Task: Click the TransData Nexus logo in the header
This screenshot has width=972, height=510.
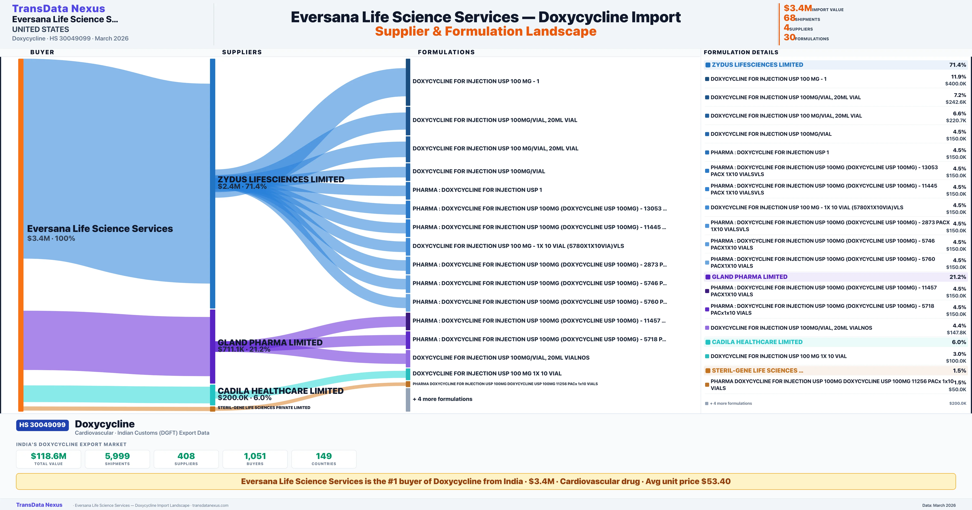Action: tap(59, 8)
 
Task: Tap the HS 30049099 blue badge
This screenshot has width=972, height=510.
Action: tap(42, 425)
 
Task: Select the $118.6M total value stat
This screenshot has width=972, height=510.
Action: tap(48, 456)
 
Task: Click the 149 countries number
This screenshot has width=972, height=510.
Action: tap(324, 456)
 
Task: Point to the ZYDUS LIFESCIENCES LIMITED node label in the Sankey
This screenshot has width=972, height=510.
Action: tap(281, 180)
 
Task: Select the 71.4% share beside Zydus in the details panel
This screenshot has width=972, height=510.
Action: tap(957, 65)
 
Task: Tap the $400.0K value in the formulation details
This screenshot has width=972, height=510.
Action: tap(955, 84)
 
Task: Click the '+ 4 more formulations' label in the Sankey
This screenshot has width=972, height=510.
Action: tap(442, 399)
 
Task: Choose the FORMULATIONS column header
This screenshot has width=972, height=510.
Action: tap(446, 52)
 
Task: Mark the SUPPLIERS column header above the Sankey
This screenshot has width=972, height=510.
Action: tap(242, 52)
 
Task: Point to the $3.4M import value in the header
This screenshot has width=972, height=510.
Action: tap(797, 8)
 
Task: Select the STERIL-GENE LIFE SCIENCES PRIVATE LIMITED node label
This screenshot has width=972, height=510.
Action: tap(264, 408)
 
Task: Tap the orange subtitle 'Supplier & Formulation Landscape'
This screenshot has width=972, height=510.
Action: tap(486, 31)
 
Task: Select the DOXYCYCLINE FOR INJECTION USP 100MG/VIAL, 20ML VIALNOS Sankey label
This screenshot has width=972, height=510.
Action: tap(501, 358)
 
